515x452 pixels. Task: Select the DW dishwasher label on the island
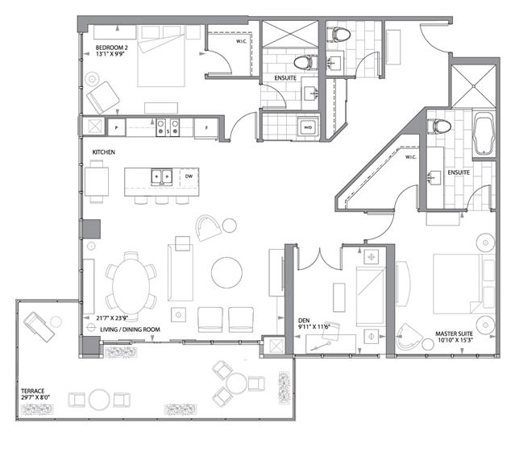coord(188,176)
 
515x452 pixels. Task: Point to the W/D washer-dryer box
coord(308,127)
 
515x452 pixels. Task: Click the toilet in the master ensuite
coord(440,126)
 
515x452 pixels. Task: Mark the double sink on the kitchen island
coord(160,176)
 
